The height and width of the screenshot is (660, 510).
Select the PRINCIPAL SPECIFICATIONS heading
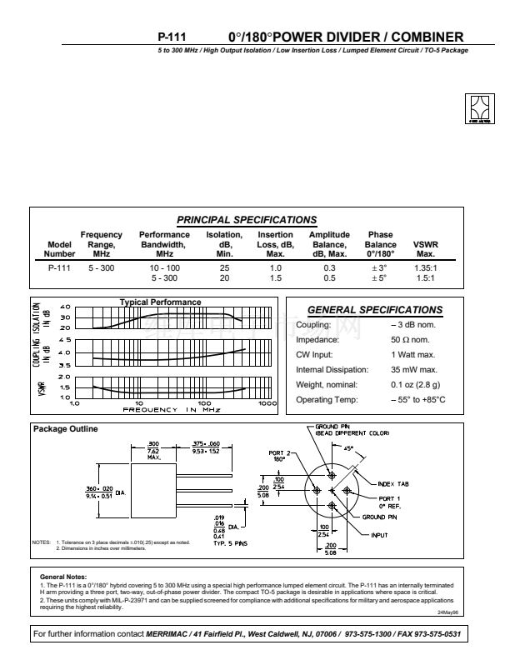(247, 220)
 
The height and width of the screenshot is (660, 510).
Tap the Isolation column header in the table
(223, 244)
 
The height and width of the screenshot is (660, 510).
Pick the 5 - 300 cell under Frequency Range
(101, 267)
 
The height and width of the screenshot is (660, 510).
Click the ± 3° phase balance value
(379, 267)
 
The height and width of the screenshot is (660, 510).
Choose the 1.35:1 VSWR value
(426, 267)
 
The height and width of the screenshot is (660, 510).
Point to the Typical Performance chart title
(160, 302)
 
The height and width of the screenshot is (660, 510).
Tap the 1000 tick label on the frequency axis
(267, 402)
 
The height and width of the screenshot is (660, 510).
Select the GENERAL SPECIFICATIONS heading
(375, 310)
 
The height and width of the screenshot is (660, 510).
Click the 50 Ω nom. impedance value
(410, 340)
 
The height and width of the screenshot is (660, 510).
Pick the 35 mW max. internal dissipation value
(414, 369)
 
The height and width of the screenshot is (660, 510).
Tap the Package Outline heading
(65, 429)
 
